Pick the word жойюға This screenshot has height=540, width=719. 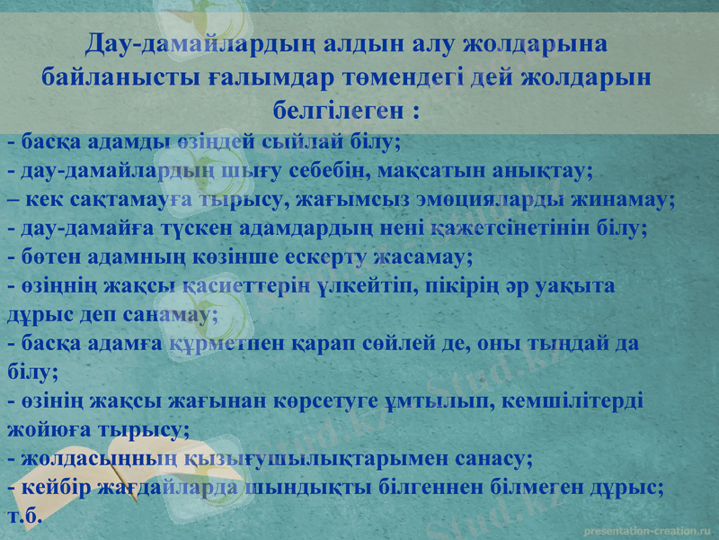[x=48, y=430]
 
